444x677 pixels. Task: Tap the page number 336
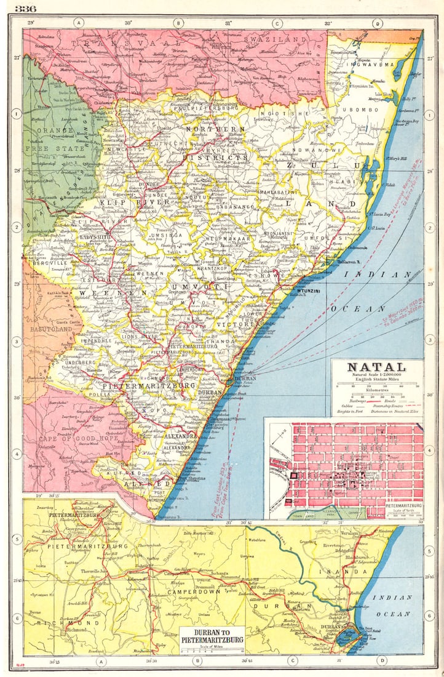[x=26, y=8]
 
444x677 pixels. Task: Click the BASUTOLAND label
[x=49, y=329]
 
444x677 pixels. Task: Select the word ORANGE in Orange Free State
[x=54, y=130]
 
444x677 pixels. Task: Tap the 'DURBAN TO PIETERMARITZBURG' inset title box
[x=213, y=636]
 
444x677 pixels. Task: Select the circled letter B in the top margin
[x=178, y=23]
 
